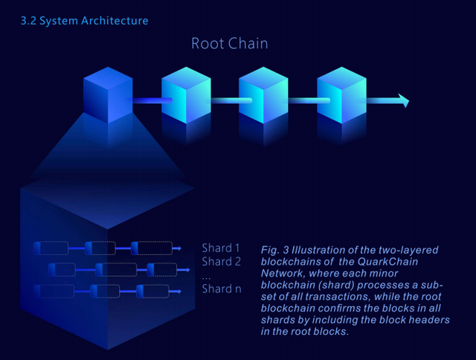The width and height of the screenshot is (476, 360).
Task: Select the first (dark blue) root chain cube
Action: tap(109, 95)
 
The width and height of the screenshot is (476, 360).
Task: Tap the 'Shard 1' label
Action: tap(221, 248)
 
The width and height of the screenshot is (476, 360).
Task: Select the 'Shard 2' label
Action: tap(221, 261)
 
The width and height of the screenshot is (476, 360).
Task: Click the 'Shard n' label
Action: tap(221, 289)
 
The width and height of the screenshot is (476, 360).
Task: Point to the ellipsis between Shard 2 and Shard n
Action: tap(206, 277)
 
